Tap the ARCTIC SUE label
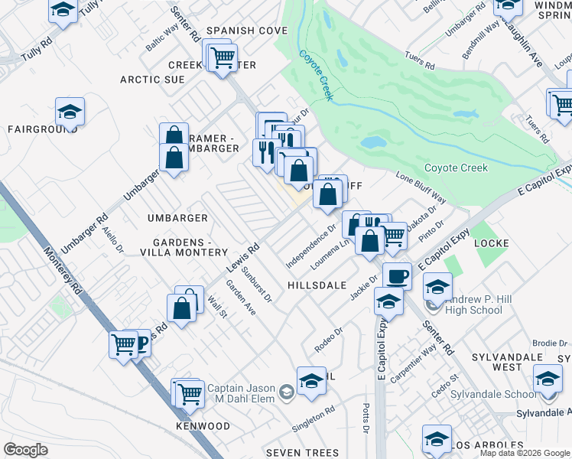tap(152, 80)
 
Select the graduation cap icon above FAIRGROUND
tap(70, 112)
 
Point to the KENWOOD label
tap(203, 425)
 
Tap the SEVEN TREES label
tap(302, 453)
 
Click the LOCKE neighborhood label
tap(492, 243)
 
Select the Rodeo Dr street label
tap(327, 340)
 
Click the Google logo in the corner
tap(25, 449)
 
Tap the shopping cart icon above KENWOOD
tap(189, 394)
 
